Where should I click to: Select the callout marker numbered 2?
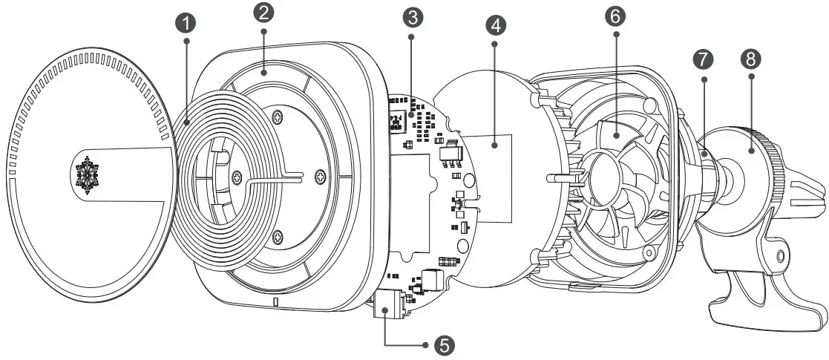pos(264,13)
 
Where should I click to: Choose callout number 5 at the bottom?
pos(444,344)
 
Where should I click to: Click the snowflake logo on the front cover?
pos(88,175)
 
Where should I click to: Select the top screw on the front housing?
pos(276,117)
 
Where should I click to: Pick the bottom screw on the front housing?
pos(277,237)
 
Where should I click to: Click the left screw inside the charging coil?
pos(236,176)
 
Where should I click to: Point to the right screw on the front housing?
pos(321,175)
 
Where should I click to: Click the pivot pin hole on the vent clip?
pos(779,257)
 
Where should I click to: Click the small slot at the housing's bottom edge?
pos(275,303)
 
